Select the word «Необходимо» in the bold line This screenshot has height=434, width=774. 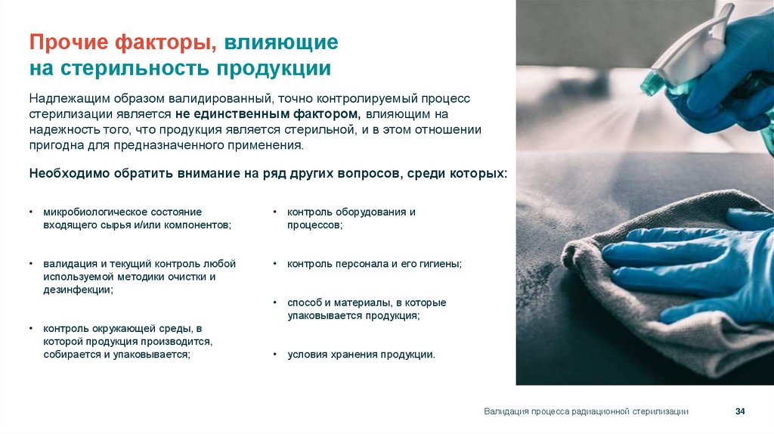pyautogui.click(x=65, y=173)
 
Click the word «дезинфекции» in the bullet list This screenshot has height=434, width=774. pyautogui.click(x=77, y=290)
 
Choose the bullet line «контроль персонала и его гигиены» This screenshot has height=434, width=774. pyautogui.click(x=374, y=264)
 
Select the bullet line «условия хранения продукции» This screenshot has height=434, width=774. pyautogui.click(x=361, y=354)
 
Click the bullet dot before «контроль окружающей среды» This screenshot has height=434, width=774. pyautogui.click(x=32, y=329)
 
